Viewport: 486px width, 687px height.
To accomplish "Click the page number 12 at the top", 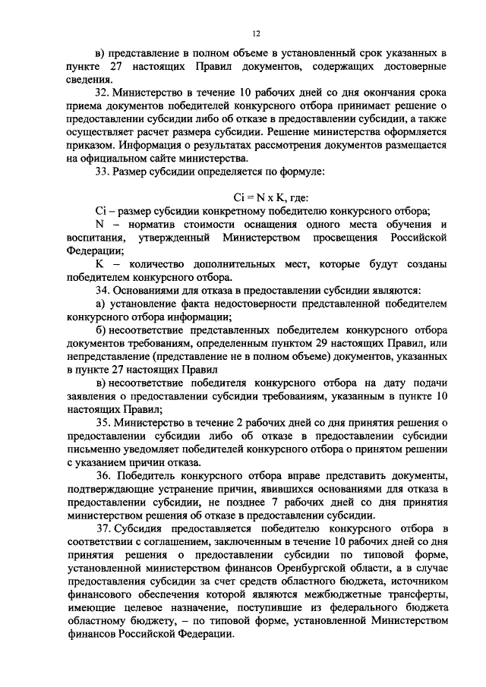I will pyautogui.click(x=256, y=33).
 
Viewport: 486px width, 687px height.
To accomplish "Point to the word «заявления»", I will pyautogui.click(x=92, y=397).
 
